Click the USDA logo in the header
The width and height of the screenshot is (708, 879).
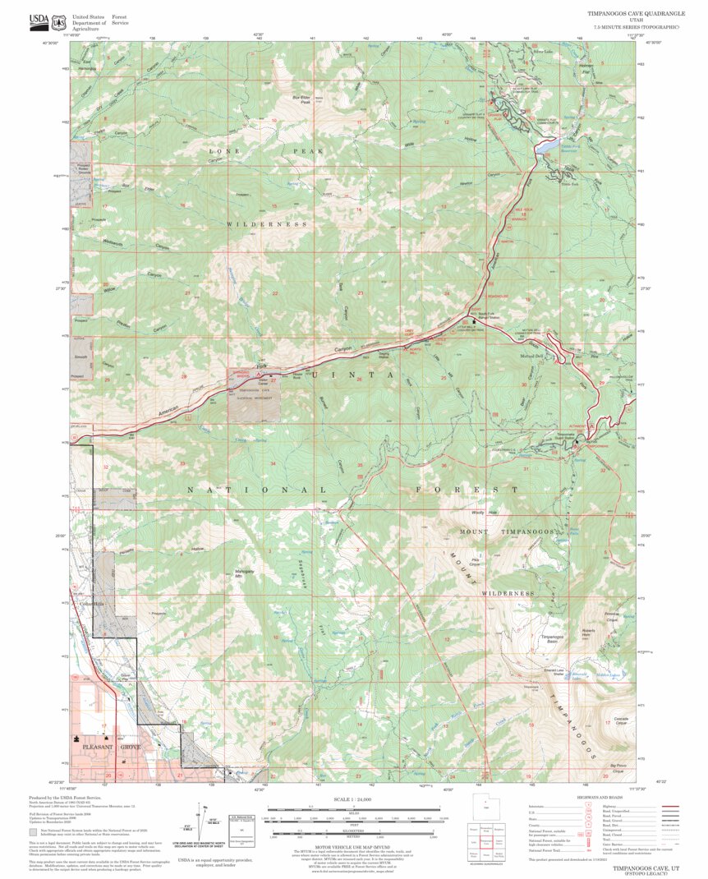tap(39, 21)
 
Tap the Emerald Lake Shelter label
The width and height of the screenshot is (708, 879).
tap(532, 673)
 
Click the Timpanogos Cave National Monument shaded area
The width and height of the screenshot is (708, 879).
tap(255, 401)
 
